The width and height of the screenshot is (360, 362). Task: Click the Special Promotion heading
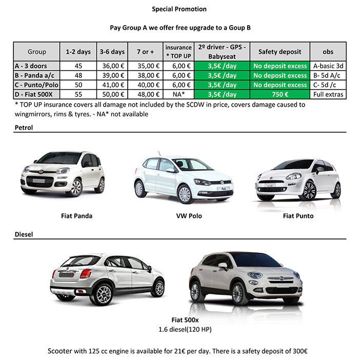[179, 9]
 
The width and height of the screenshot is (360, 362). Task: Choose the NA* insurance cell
[178, 95]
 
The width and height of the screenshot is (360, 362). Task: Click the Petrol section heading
[23, 128]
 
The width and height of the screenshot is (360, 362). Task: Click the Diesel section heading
[23, 235]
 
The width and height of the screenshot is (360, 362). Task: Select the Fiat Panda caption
[76, 216]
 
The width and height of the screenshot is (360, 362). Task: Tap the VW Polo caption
[189, 216]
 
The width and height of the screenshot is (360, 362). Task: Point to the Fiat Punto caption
[298, 216]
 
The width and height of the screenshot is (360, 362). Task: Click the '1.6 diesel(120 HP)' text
[185, 328]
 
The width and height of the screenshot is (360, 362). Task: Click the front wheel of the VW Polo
[184, 194]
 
